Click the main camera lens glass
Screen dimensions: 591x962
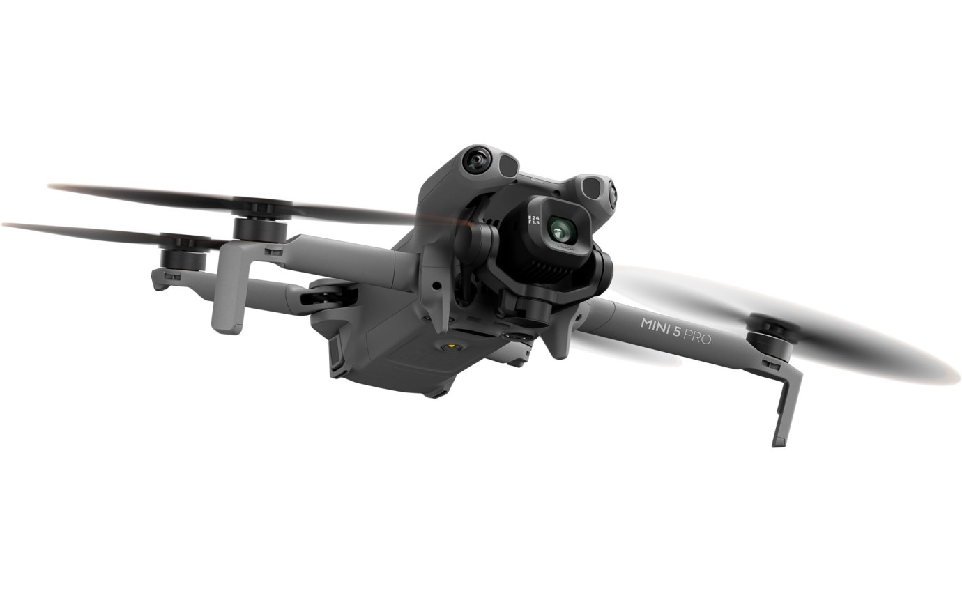click(x=558, y=227)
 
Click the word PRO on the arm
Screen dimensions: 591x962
click(x=697, y=338)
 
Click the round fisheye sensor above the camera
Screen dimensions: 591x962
click(x=477, y=160)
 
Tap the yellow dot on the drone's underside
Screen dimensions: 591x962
click(x=455, y=345)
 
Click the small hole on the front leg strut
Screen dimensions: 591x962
click(x=436, y=286)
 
